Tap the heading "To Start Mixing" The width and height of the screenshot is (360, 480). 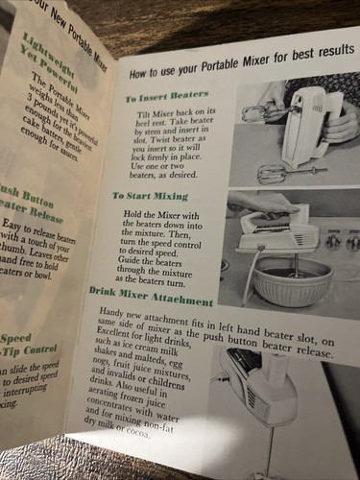point(156,195)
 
